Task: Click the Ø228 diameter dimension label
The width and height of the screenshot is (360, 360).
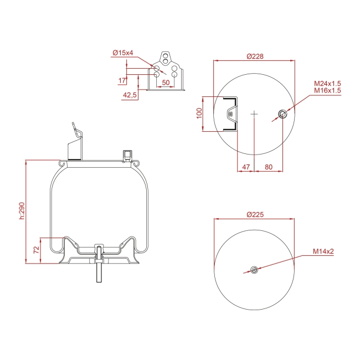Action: click(255, 56)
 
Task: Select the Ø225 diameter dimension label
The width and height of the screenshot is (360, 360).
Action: click(255, 215)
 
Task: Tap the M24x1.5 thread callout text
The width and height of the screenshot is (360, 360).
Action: click(327, 83)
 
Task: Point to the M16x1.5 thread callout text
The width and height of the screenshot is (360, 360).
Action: click(327, 90)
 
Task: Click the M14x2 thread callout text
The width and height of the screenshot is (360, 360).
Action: click(323, 251)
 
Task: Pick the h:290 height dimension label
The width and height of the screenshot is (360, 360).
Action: click(22, 211)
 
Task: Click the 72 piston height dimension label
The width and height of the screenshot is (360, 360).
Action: click(37, 250)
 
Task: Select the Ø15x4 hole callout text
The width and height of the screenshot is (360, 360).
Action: click(123, 53)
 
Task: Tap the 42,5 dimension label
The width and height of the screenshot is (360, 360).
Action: click(130, 95)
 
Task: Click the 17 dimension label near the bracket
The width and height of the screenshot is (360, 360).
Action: click(122, 81)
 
